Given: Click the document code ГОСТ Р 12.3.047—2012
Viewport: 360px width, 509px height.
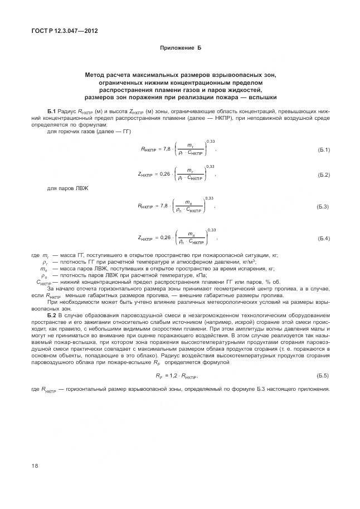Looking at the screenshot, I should [x=64, y=31].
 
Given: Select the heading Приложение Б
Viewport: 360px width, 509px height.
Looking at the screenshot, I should [x=180, y=48].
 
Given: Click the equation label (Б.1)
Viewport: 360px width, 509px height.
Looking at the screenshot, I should [x=323, y=150].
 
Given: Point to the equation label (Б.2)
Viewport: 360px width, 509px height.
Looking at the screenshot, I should [x=323, y=175].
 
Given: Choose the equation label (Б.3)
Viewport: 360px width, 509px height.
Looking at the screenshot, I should [x=323, y=207].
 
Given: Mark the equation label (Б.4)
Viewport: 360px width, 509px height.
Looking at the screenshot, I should [x=323, y=239].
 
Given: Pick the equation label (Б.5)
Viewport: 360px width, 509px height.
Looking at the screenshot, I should [x=323, y=376].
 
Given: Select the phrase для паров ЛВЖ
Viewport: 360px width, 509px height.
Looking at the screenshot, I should [x=64, y=188].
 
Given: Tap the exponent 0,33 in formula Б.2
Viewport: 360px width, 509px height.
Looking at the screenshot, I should [x=210, y=166].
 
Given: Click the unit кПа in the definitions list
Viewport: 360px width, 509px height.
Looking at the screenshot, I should [x=200, y=275].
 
